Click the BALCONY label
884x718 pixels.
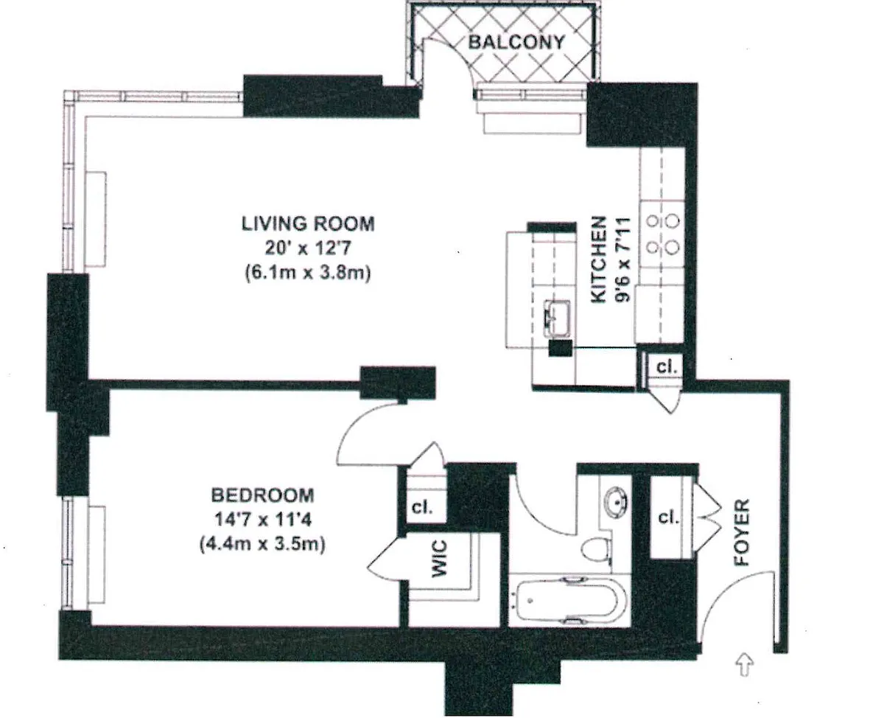[516, 42]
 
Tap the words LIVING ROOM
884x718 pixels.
[308, 223]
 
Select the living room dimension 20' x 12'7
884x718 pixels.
[308, 248]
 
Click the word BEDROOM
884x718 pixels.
[262, 495]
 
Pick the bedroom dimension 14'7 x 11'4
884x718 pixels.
[262, 520]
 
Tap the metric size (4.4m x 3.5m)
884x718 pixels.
[262, 544]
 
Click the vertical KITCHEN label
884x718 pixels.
[598, 259]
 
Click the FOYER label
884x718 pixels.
[742, 532]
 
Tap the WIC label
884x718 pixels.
[439, 559]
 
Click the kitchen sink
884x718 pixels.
[556, 318]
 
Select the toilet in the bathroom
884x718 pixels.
[597, 549]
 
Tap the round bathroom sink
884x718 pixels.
[617, 502]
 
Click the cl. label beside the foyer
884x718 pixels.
[668, 517]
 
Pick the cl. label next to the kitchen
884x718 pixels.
[667, 366]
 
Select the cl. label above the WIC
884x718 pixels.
[422, 507]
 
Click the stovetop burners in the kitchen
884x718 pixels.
[663, 234]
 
